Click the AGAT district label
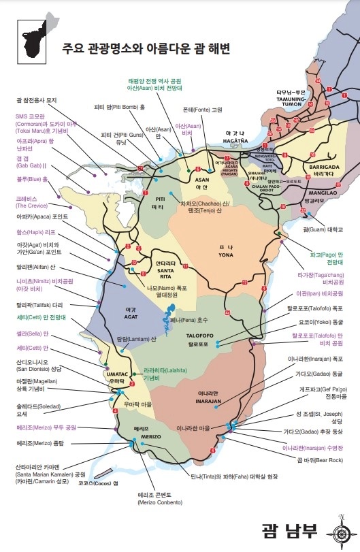(130, 312)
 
